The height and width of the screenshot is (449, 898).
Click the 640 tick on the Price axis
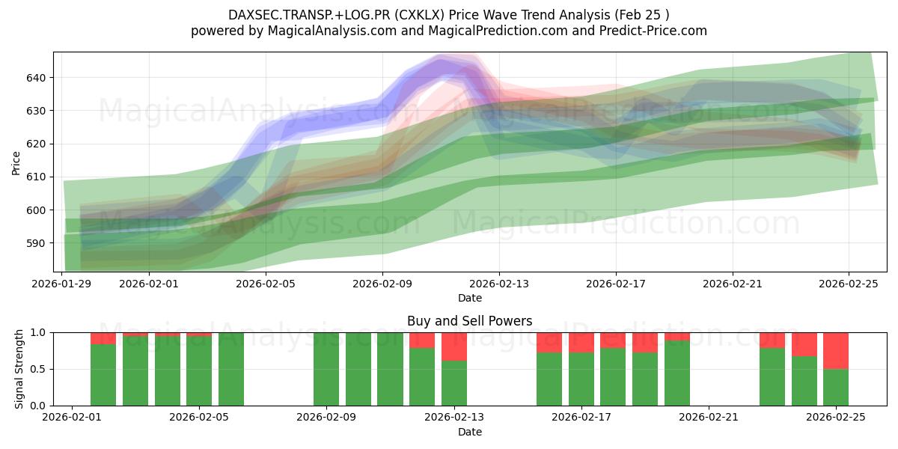36,78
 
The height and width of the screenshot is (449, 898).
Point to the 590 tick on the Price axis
36,243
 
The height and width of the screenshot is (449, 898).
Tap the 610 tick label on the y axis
36,177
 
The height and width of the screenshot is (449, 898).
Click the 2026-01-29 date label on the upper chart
61,284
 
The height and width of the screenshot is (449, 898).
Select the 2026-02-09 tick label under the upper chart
382,284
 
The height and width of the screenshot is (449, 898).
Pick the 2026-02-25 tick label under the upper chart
849,284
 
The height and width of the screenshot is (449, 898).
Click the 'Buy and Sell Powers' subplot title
470,321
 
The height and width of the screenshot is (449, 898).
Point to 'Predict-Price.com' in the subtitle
651,31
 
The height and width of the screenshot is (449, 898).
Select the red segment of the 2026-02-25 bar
836,350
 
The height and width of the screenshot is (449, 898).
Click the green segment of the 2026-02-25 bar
836,388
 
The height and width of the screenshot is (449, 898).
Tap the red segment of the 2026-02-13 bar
454,346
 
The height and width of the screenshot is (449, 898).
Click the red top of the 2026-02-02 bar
103,338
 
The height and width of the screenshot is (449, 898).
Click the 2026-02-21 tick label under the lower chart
708,417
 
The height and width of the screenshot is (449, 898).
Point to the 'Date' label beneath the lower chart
470,432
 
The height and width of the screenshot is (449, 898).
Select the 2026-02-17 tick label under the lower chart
581,417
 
